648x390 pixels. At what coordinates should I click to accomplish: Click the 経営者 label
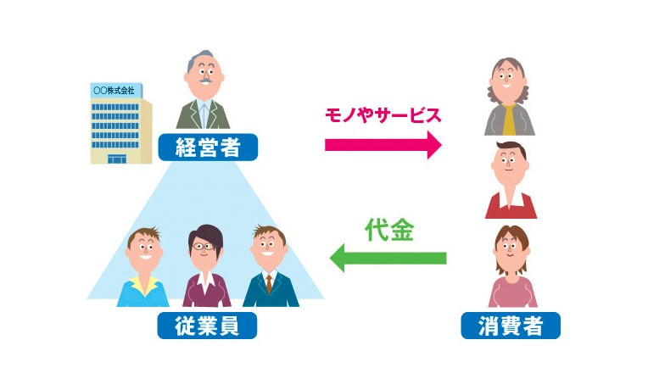pos(207,147)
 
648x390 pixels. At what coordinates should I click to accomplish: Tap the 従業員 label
pos(206,325)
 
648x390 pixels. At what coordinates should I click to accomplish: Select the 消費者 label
pos(510,325)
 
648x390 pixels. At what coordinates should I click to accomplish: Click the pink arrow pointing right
pos(383,144)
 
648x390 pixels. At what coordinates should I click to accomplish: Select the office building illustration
pos(120,123)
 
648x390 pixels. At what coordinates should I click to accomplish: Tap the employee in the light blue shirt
pos(142,267)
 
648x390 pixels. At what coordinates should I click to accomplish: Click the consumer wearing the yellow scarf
pos(510,97)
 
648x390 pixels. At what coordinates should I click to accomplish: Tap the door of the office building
pos(116,159)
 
